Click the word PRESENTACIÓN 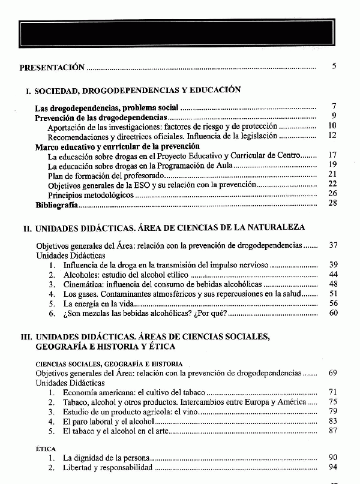(x=52, y=68)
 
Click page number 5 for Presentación (x=334, y=66)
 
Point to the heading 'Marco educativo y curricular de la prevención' (x=118, y=146)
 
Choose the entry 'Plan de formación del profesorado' (x=105, y=175)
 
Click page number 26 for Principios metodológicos (x=333, y=194)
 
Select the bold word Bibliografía (x=56, y=205)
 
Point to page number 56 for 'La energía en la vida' (x=333, y=303)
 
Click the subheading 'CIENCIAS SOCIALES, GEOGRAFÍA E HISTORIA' (x=109, y=364)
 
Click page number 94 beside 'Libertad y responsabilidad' (x=333, y=467)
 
